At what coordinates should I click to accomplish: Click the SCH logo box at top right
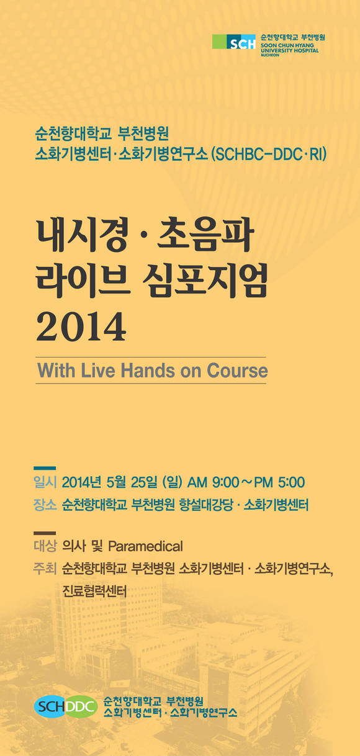coord(241,42)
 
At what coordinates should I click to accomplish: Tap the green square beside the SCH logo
coord(219,42)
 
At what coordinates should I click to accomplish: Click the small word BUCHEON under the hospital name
coord(270,55)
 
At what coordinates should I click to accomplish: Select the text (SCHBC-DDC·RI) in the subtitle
coord(269,155)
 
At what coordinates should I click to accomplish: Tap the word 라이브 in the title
coord(83,281)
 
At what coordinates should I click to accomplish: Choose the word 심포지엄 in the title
coord(205,281)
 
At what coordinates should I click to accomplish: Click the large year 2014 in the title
coord(81,326)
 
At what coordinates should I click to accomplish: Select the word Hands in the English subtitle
coord(148,370)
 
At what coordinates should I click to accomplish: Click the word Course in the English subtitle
coord(237,370)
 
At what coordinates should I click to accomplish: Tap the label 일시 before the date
coord(45,482)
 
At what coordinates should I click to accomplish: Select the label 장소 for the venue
coord(45,505)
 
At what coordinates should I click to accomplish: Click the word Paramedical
coord(145,546)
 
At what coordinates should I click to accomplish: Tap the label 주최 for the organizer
coord(45,569)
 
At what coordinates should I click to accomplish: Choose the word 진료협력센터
coord(94,592)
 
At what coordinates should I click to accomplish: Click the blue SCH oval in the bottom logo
coord(50,706)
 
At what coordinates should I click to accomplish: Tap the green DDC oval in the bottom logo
coord(81,706)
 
